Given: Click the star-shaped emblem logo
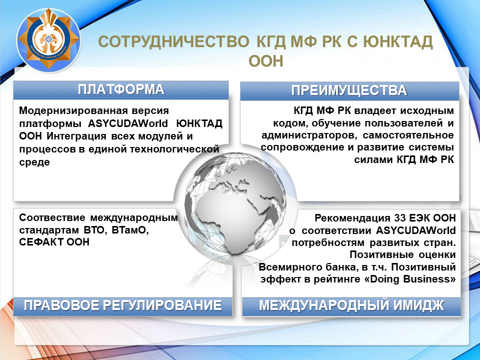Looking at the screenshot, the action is tap(48, 39).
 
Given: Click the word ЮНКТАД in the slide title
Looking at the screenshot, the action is tap(398, 42).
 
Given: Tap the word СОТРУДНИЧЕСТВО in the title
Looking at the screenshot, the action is tap(174, 42).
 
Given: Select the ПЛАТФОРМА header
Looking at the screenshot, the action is tap(121, 89).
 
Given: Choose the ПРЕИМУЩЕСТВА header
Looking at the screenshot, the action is tap(349, 90).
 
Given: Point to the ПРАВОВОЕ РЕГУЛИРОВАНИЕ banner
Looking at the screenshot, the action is tap(123, 306).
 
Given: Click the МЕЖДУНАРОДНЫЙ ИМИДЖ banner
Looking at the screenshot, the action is tap(351, 306).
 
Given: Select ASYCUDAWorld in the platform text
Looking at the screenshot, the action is tap(128, 123).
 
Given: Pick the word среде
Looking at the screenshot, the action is tap(34, 162).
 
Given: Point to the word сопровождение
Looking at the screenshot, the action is tap(303, 147).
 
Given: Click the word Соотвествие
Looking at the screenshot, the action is tap(52, 217).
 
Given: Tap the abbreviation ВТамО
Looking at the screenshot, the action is tap(130, 230).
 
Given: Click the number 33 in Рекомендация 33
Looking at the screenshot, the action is tap(400, 218).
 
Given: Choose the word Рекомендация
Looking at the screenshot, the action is tap(352, 218).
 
